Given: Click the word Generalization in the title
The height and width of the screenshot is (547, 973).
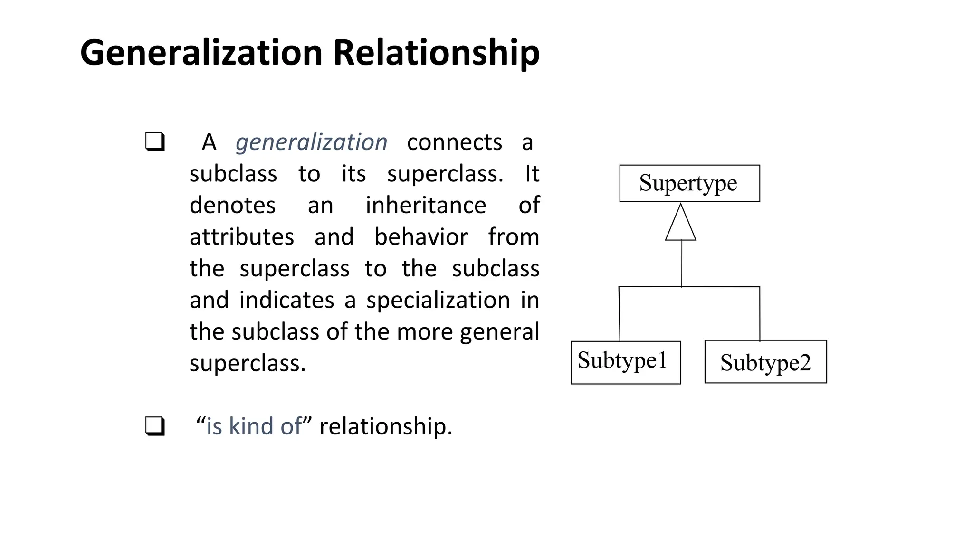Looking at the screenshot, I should (201, 52).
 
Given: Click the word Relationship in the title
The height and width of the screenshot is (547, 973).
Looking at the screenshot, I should (436, 53).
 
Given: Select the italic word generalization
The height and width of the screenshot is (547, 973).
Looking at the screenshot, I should (311, 142).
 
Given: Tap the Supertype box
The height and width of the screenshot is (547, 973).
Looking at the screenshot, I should (689, 184).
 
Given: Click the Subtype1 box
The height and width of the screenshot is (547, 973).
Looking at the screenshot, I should (625, 362).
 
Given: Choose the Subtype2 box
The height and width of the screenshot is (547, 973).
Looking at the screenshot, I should (765, 362).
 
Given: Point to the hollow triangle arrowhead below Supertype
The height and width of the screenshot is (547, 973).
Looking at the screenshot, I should (681, 224).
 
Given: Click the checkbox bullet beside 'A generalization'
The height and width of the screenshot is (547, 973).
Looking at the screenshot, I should (155, 142).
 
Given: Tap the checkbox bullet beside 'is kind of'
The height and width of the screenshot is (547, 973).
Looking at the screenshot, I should (155, 426).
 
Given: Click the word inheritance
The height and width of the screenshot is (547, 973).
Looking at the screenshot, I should (426, 206).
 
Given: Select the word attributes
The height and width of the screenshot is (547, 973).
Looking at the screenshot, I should (242, 237).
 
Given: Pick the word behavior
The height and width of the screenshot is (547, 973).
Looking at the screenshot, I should (421, 237).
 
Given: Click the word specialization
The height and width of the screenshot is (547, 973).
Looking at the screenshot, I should (438, 300).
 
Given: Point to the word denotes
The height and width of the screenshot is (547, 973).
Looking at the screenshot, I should (232, 206).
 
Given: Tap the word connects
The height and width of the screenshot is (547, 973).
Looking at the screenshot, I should (454, 142).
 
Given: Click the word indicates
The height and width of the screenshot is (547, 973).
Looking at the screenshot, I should (286, 300).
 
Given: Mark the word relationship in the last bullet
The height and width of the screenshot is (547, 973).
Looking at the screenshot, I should (385, 426).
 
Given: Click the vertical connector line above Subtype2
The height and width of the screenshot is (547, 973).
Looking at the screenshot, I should (759, 313).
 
